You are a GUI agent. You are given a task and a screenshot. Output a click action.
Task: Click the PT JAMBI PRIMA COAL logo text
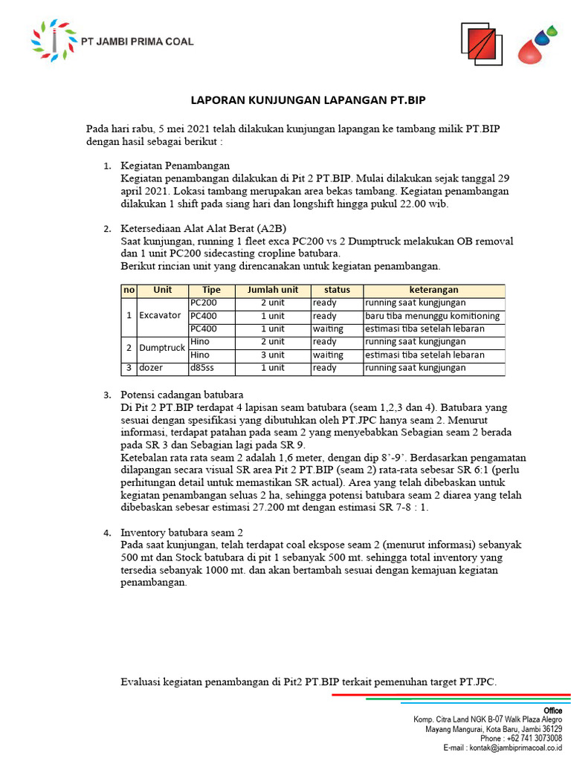[x=138, y=42]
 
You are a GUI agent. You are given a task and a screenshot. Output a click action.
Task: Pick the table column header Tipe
[x=211, y=290]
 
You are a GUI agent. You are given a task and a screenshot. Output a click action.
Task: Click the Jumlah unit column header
[x=272, y=290]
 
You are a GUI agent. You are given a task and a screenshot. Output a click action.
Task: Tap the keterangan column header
[x=433, y=290]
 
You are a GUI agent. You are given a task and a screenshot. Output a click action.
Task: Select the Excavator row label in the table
[x=159, y=315]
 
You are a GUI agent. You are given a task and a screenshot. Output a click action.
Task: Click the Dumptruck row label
[x=161, y=348]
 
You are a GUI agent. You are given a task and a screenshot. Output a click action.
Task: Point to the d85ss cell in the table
[x=202, y=368]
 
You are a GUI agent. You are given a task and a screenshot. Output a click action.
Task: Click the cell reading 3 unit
[x=272, y=354]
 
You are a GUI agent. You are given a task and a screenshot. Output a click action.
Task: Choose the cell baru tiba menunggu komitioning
[x=431, y=316]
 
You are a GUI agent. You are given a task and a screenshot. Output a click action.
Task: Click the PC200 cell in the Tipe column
[x=204, y=302]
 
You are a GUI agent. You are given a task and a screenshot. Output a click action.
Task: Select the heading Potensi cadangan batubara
[x=182, y=394]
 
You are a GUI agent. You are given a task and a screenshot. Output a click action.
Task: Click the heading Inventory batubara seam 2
[x=182, y=532]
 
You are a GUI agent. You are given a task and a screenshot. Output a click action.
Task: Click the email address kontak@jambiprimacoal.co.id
[x=513, y=748]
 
